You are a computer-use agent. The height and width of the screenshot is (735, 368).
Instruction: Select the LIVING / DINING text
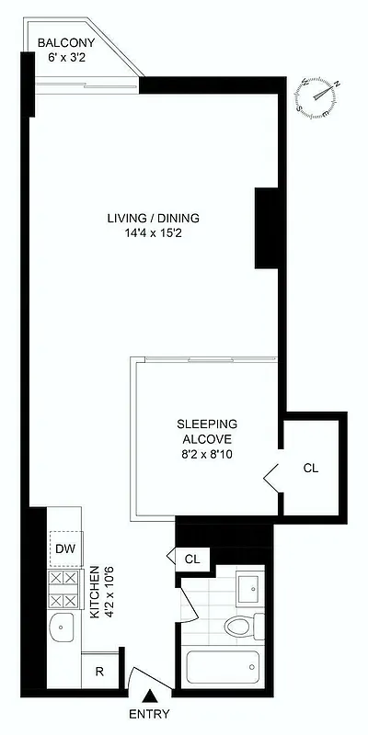pyautogui.click(x=153, y=218)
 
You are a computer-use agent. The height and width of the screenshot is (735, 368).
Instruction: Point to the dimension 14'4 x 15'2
pyautogui.click(x=153, y=233)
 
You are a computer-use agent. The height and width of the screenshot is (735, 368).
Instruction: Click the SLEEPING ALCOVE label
pyautogui.click(x=207, y=431)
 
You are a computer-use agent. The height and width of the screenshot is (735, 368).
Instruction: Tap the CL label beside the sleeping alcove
pyautogui.click(x=311, y=468)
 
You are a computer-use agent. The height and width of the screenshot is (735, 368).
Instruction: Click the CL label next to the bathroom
pyautogui.click(x=192, y=558)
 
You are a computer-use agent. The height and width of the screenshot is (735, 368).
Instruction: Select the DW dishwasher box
pyautogui.click(x=65, y=549)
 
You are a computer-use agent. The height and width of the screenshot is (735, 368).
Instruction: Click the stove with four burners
pyautogui.click(x=65, y=587)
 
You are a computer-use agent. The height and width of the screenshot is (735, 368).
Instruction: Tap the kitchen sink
pyautogui.click(x=63, y=629)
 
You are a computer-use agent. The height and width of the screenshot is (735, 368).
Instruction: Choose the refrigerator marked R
pyautogui.click(x=100, y=670)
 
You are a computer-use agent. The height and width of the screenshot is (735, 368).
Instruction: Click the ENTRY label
pyautogui.click(x=149, y=715)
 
